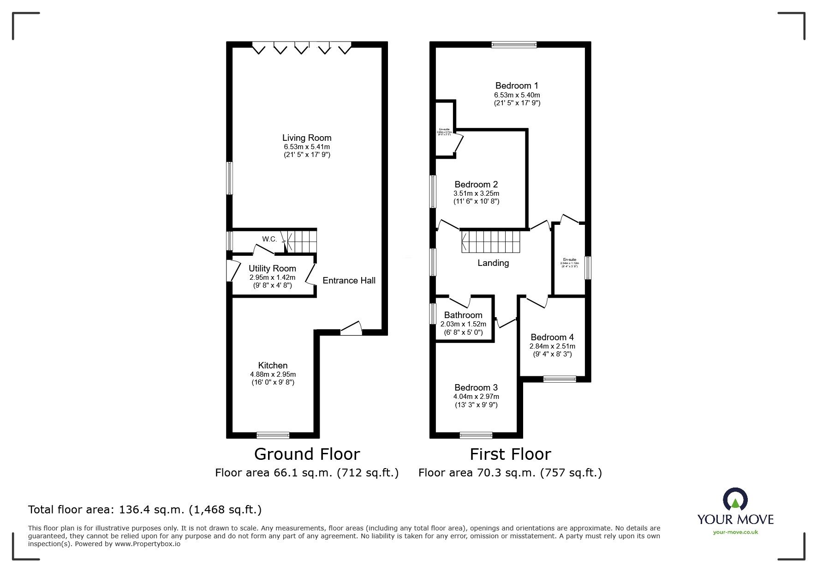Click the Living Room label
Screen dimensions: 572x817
click(307, 138)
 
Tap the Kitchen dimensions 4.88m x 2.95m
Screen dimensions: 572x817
click(273, 374)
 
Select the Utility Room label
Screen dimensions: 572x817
click(272, 268)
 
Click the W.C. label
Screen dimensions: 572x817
click(269, 239)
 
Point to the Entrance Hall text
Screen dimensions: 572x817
click(349, 280)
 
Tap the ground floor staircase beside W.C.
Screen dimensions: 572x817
click(301, 241)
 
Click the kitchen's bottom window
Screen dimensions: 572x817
click(273, 435)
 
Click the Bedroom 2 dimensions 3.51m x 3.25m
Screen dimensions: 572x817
click(477, 193)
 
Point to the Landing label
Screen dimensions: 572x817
click(493, 263)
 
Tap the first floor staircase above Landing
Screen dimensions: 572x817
click(491, 241)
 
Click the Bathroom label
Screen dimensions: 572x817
click(463, 315)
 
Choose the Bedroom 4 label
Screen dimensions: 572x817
click(552, 337)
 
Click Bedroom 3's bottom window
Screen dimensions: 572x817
click(476, 435)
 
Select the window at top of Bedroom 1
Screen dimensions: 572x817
click(514, 45)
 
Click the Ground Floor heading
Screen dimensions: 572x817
click(307, 454)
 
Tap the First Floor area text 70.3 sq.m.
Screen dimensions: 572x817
click(510, 473)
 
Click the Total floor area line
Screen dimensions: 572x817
click(145, 510)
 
